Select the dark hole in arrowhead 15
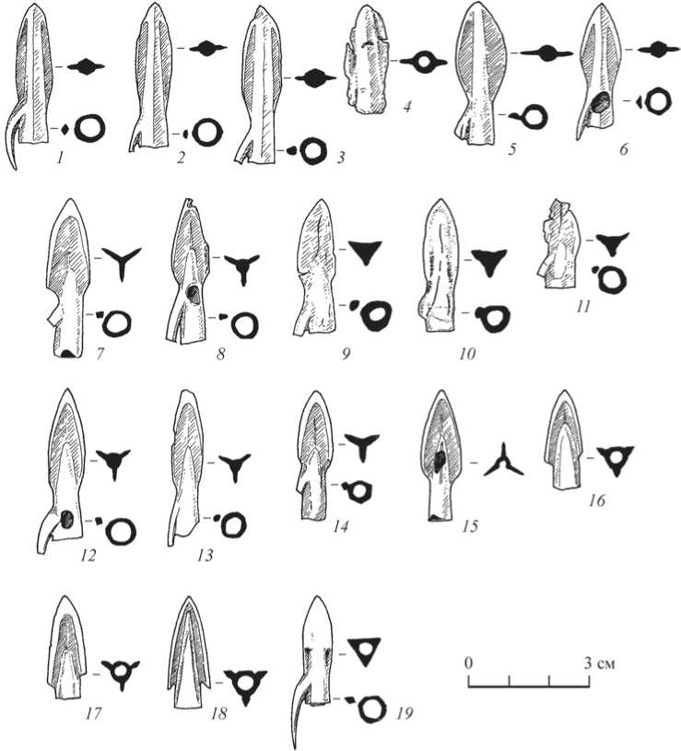click(440, 458)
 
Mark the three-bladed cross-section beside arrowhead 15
click(503, 460)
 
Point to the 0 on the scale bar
click(468, 663)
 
